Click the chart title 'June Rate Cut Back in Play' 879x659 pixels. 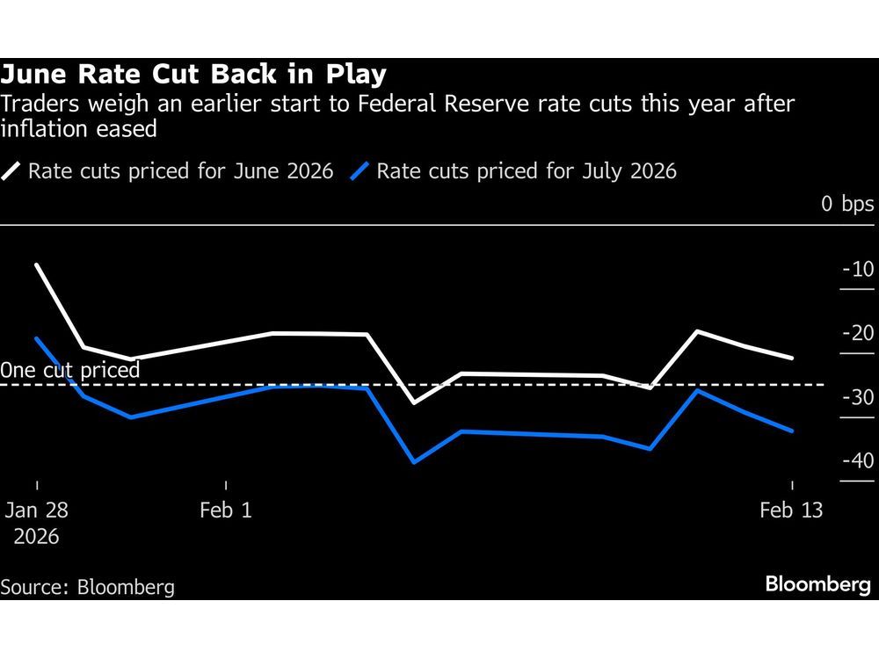pyautogui.click(x=193, y=75)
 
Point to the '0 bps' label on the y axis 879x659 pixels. pyautogui.click(x=847, y=205)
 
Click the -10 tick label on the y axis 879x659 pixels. pyautogui.click(x=858, y=269)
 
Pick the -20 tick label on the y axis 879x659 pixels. pyautogui.click(x=858, y=333)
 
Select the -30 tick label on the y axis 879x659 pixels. pyautogui.click(x=858, y=397)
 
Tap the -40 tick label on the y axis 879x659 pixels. pyautogui.click(x=858, y=461)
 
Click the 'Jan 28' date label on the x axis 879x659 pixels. pyautogui.click(x=37, y=511)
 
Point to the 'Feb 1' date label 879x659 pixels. pyautogui.click(x=226, y=511)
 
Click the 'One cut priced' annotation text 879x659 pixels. pyautogui.click(x=70, y=370)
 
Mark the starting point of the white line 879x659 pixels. pyautogui.click(x=37, y=264)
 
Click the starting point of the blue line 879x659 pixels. pyautogui.click(x=37, y=338)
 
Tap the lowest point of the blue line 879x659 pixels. pyautogui.click(x=414, y=462)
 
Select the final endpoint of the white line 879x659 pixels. pyautogui.click(x=793, y=358)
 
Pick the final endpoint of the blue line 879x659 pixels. pyautogui.click(x=793, y=431)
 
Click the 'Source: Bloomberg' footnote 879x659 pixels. pyautogui.click(x=88, y=587)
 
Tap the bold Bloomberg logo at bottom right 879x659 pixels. pyautogui.click(x=817, y=585)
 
